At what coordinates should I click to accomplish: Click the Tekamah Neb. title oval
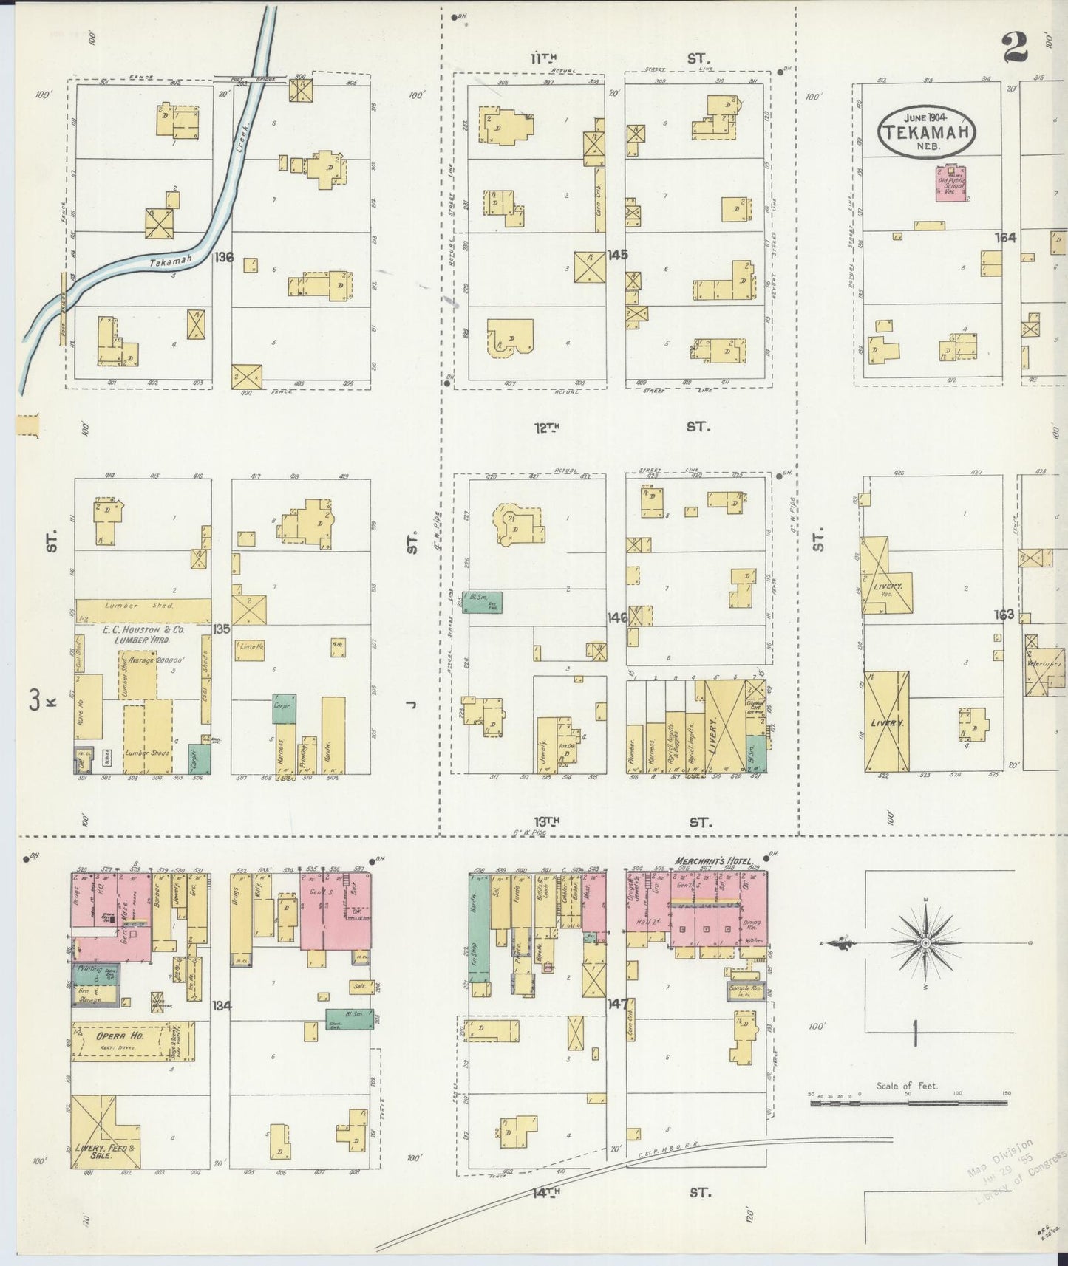click(x=926, y=131)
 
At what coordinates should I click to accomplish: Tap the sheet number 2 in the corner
click(x=1017, y=49)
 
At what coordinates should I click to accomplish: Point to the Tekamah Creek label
click(x=171, y=260)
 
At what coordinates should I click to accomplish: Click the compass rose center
click(x=925, y=943)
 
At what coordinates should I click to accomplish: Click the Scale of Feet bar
click(x=908, y=1103)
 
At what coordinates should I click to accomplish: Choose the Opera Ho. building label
click(x=119, y=1036)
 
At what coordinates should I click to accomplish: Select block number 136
click(x=223, y=258)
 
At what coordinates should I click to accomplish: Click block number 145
click(x=617, y=255)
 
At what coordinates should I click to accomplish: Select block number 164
click(x=1005, y=238)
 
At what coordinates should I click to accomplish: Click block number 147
click(x=617, y=1005)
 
